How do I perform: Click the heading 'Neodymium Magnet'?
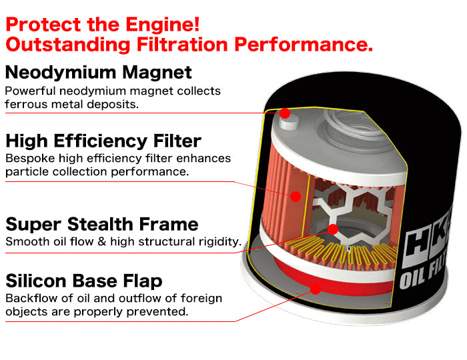pos(99,72)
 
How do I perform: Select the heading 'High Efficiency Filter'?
pos(103,141)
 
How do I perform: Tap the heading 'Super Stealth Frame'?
pos(102,223)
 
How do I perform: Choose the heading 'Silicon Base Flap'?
pos(84,280)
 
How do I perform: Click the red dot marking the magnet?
pos(285,113)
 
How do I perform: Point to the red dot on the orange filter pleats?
pos(296,196)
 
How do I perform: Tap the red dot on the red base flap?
pos(316,288)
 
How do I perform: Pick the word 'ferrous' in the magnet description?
pos(24,104)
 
